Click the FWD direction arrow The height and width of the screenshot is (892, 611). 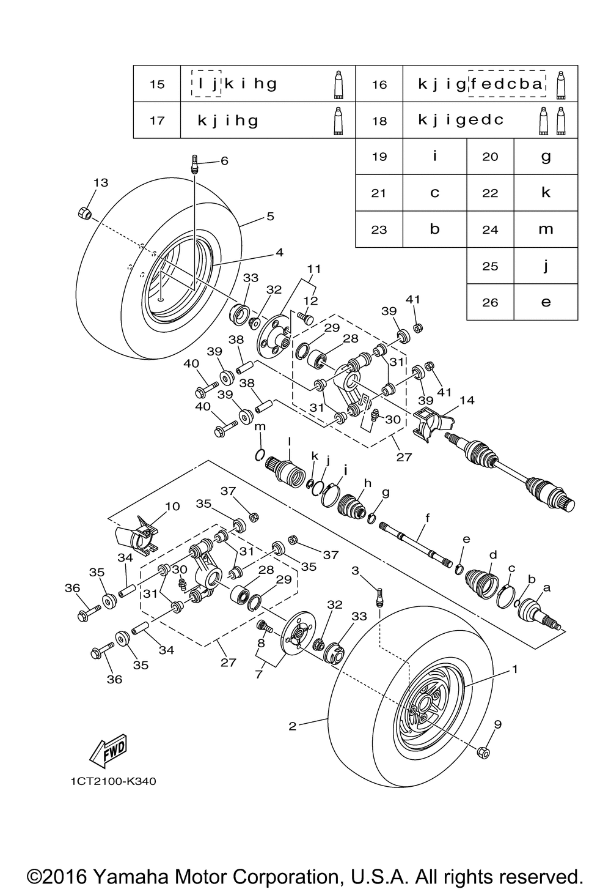pyautogui.click(x=108, y=751)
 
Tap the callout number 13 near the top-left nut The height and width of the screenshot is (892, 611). pyautogui.click(x=101, y=182)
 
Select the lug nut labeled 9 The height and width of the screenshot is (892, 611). pyautogui.click(x=483, y=753)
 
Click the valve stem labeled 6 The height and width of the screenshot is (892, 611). pyautogui.click(x=195, y=163)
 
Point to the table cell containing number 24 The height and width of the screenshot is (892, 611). pyautogui.click(x=490, y=229)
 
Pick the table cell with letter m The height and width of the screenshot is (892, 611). pyautogui.click(x=546, y=229)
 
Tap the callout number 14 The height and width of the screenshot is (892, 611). pyautogui.click(x=467, y=400)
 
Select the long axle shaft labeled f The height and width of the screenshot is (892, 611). pyautogui.click(x=415, y=543)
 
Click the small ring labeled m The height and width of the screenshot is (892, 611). pyautogui.click(x=260, y=455)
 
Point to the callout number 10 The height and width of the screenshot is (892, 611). pyautogui.click(x=172, y=507)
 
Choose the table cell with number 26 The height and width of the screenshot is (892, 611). pyautogui.click(x=490, y=302)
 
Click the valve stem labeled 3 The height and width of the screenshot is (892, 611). pyautogui.click(x=379, y=597)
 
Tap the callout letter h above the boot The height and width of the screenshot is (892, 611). pyautogui.click(x=368, y=483)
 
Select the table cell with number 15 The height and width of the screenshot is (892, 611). pyautogui.click(x=157, y=84)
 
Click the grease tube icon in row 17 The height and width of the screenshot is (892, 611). pyautogui.click(x=338, y=121)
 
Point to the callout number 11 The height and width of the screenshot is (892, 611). pyautogui.click(x=313, y=269)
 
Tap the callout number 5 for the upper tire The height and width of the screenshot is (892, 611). pyautogui.click(x=270, y=216)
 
